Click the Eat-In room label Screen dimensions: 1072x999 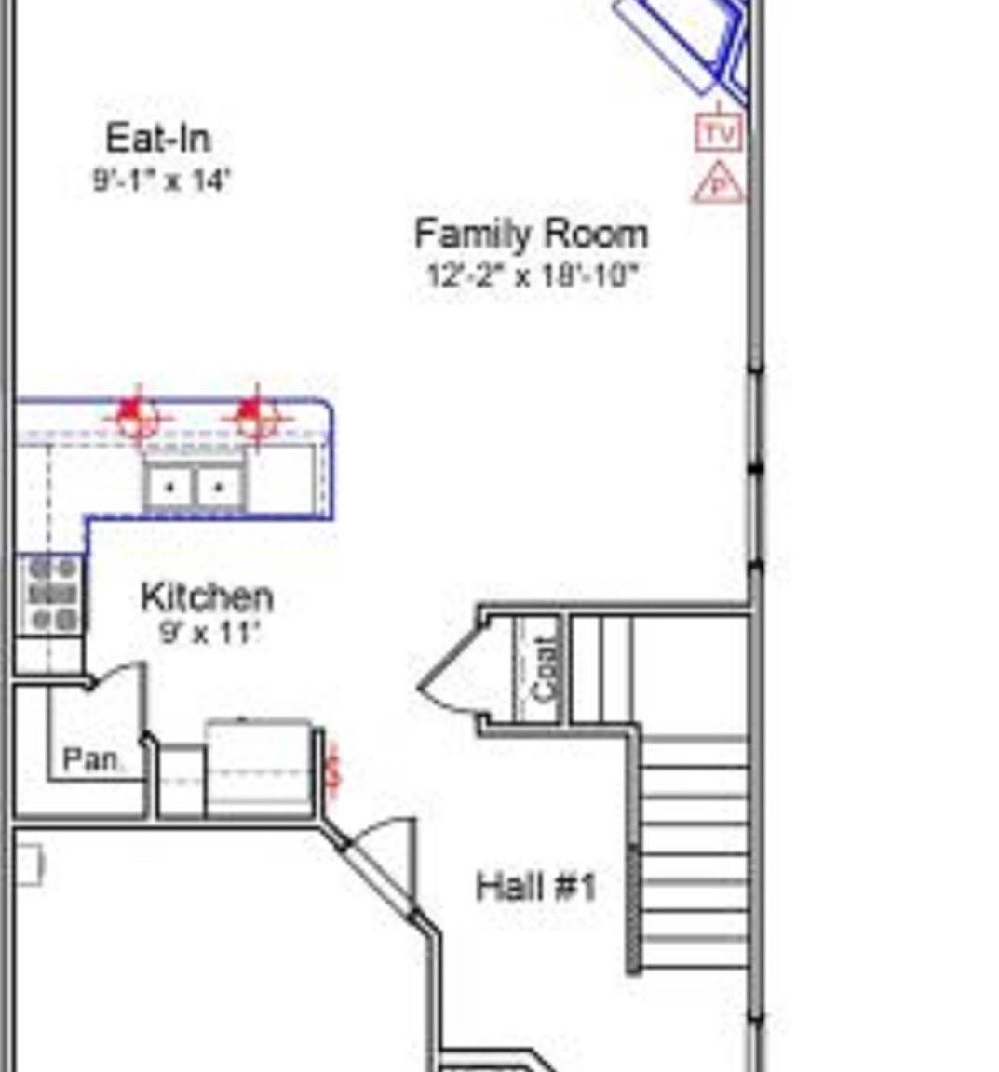[158, 139]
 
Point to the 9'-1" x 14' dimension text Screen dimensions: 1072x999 [160, 180]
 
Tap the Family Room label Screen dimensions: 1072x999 [531, 234]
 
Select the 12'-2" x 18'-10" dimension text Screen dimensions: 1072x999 [532, 275]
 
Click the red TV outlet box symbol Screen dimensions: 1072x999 [719, 133]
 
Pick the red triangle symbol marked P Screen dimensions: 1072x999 [718, 185]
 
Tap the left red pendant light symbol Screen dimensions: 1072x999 [138, 414]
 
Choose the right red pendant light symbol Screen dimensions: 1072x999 [255, 415]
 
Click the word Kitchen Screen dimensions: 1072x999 [207, 597]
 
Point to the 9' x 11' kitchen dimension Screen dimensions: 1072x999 [209, 634]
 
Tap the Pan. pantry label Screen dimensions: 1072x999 [91, 760]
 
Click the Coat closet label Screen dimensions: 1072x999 [546, 668]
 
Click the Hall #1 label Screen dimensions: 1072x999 [535, 887]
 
